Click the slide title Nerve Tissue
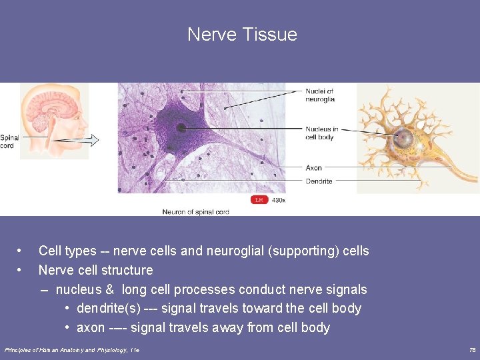[242, 34]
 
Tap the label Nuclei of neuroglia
[320, 95]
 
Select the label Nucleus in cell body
[321, 133]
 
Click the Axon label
[314, 168]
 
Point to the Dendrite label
[319, 181]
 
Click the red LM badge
[259, 200]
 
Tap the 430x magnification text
[279, 200]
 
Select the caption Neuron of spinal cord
[196, 212]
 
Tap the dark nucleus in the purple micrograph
[181, 127]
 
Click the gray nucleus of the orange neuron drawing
[404, 139]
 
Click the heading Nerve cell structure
[95, 270]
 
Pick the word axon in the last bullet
[91, 327]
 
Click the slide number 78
[472, 350]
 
